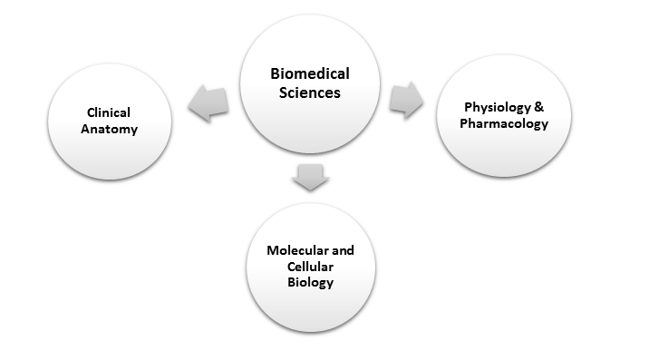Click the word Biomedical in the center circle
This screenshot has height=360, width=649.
309,74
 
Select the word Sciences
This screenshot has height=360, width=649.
309,92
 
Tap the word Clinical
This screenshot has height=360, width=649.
109,112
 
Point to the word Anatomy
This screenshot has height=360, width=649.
109,129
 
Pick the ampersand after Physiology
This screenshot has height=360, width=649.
541,109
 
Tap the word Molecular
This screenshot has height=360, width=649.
293,250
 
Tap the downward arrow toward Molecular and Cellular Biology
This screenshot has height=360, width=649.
309,176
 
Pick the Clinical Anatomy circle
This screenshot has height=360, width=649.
108,121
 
